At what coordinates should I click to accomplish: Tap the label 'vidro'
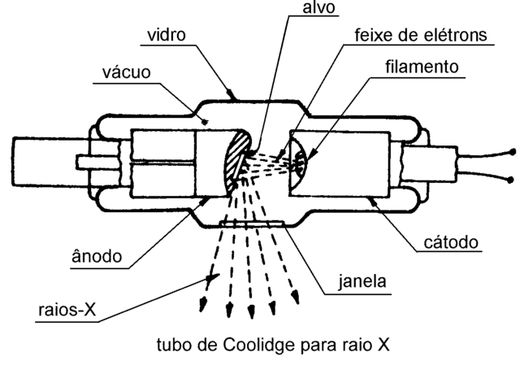pos(167,37)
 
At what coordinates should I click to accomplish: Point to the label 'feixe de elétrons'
pos(422,36)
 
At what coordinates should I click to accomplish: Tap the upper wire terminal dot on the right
pos(511,153)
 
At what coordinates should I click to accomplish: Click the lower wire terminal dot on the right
pos(511,179)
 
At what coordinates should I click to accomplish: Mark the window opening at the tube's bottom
pos(251,222)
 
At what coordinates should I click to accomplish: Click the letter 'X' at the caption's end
pos(383,345)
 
